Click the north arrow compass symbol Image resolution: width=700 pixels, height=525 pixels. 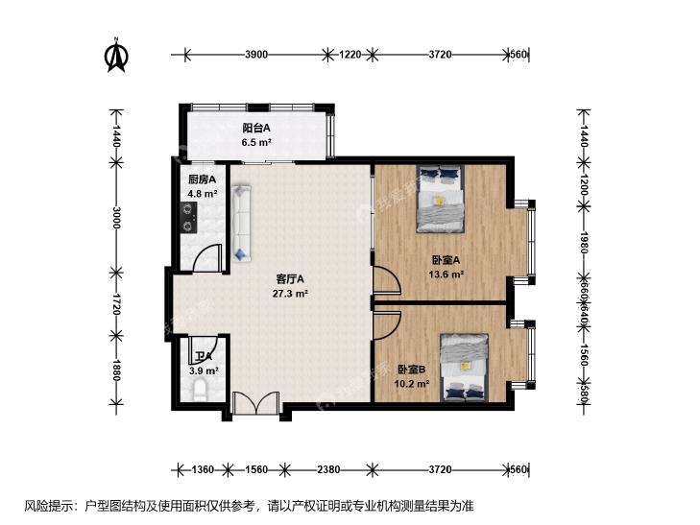tap(117, 56)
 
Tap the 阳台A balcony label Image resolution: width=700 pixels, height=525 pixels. tap(255, 128)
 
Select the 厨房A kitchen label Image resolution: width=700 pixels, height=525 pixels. tap(201, 179)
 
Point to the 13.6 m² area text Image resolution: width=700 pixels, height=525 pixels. tap(447, 274)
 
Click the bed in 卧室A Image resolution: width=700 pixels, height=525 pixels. tap(441, 200)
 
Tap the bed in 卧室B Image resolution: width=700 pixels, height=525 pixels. tap(464, 366)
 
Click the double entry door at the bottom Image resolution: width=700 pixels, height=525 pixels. tap(255, 404)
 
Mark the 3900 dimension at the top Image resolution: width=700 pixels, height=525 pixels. tap(255, 55)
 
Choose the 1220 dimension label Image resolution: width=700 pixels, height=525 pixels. tap(350, 55)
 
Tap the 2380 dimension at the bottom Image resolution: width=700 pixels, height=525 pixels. tap(328, 469)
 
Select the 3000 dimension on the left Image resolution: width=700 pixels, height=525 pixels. tap(117, 219)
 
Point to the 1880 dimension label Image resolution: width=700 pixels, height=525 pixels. tap(117, 370)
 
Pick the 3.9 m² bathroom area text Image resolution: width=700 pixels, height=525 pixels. tap(204, 370)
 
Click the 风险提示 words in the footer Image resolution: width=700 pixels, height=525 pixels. tap(44, 506)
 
